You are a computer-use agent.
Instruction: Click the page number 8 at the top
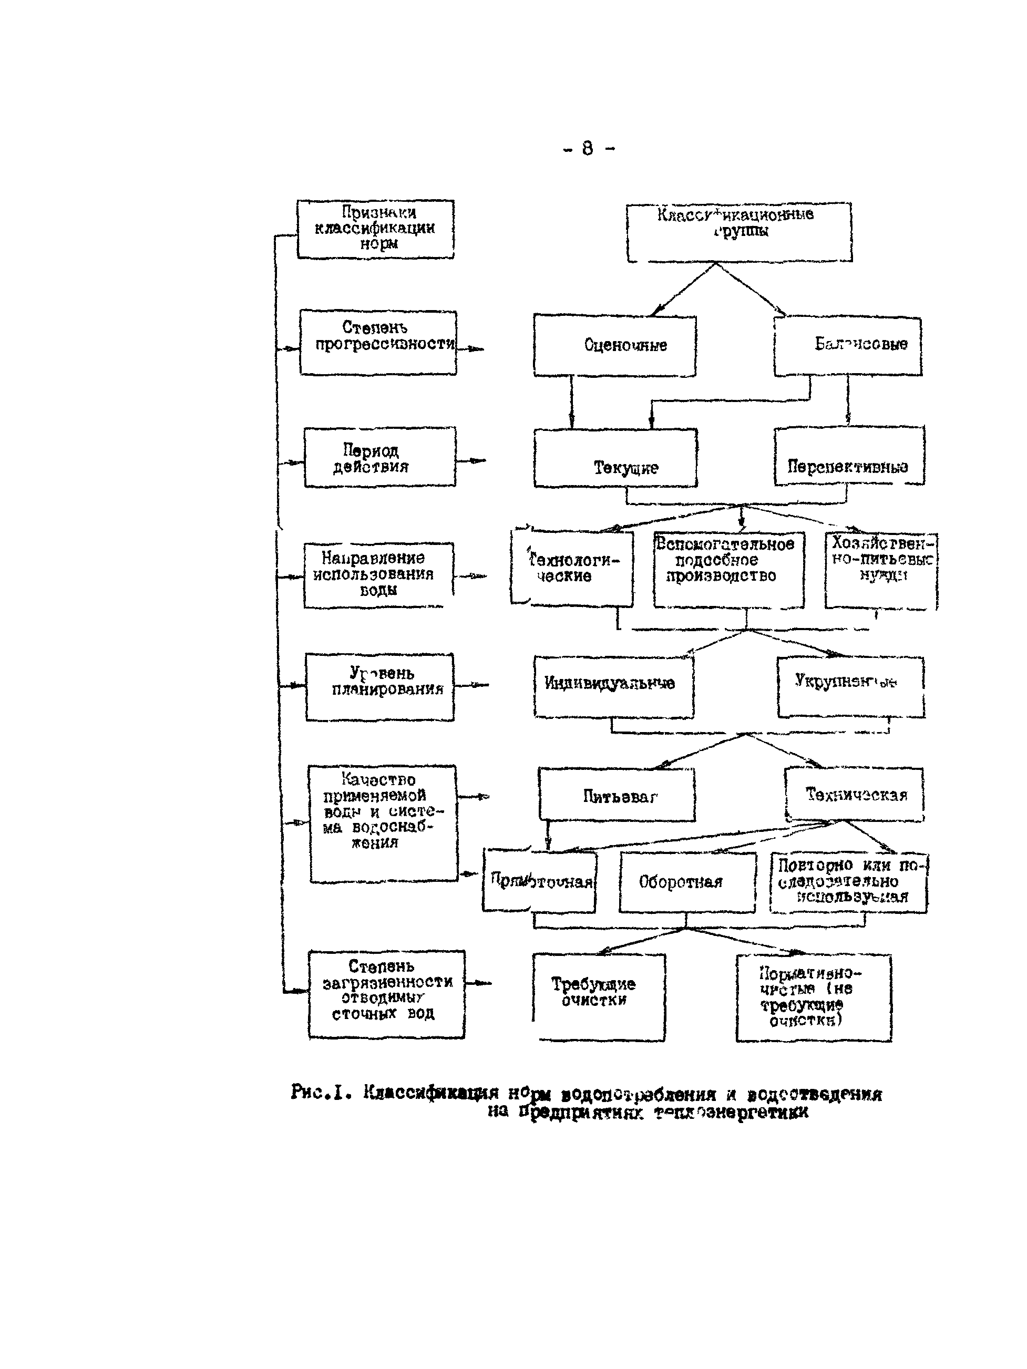click(588, 149)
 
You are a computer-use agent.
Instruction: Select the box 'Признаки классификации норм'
click(375, 229)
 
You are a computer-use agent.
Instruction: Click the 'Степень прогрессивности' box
click(377, 342)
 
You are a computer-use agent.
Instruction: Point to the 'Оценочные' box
click(615, 345)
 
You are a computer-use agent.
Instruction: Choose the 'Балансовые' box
click(847, 345)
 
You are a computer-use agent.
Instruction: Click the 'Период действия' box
click(379, 457)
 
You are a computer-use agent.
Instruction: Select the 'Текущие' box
click(615, 458)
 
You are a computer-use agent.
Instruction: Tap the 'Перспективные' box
click(849, 456)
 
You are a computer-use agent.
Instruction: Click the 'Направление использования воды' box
click(378, 575)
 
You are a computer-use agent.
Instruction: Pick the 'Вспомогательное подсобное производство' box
click(728, 569)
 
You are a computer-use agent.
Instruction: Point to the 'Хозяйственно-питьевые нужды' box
click(881, 570)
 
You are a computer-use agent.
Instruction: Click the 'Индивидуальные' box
click(613, 686)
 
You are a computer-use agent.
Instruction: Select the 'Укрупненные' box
click(850, 686)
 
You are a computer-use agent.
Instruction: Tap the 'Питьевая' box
click(617, 795)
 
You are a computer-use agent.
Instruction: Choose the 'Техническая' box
click(854, 795)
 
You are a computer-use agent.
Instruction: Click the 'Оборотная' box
click(687, 882)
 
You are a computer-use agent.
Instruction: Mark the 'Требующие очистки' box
click(599, 996)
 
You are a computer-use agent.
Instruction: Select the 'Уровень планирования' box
click(379, 686)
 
